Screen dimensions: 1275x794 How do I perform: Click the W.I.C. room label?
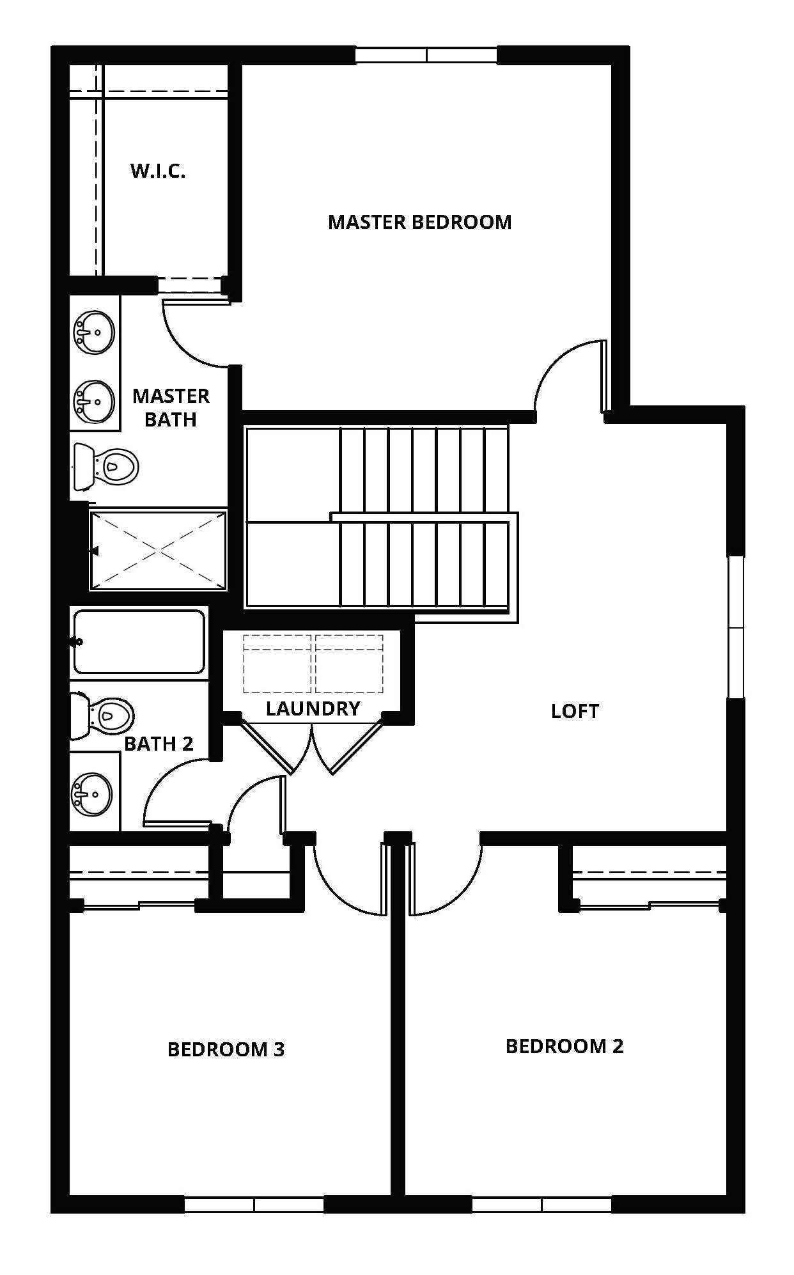click(158, 171)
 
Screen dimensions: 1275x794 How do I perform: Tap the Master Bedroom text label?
click(419, 222)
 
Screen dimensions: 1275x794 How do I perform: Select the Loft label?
click(575, 711)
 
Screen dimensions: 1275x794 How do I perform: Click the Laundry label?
click(313, 708)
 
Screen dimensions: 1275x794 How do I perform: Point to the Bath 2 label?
click(159, 744)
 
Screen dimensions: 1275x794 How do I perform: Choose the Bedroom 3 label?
click(226, 1049)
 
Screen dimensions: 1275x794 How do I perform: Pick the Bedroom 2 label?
click(564, 1046)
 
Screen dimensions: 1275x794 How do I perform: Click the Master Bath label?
click(171, 407)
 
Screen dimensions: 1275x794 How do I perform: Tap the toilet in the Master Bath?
click(107, 467)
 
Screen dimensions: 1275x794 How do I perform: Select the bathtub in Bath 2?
click(139, 641)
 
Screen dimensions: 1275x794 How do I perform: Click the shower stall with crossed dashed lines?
click(158, 550)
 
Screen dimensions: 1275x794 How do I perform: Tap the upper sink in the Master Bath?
click(95, 331)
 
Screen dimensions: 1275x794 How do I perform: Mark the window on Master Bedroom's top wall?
click(426, 55)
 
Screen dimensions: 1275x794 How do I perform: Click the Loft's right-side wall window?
click(736, 627)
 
